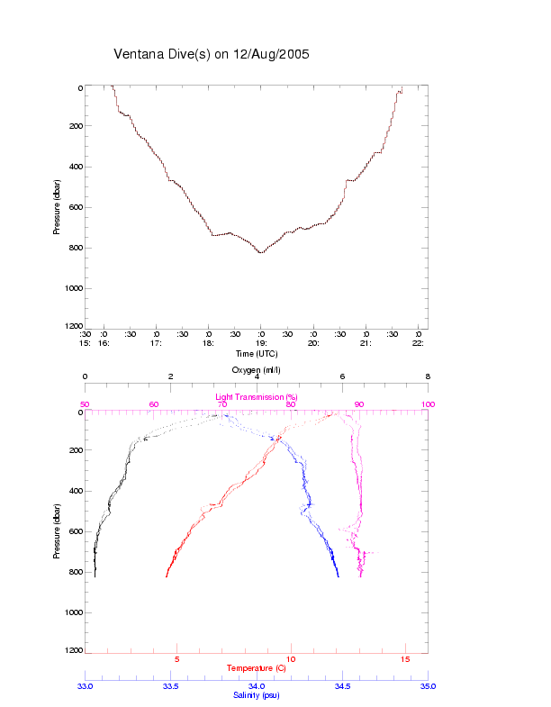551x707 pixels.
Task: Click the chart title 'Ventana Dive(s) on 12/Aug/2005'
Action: (x=212, y=54)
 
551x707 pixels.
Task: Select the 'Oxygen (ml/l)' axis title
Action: (x=257, y=370)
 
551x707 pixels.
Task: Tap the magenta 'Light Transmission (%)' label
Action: (x=257, y=397)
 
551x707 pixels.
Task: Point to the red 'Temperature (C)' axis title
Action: (x=257, y=668)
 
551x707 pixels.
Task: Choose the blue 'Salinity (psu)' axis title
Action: (x=257, y=695)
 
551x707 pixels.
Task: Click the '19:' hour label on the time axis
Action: (x=260, y=343)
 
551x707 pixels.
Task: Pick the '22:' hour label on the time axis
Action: (x=418, y=343)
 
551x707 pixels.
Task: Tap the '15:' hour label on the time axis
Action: (x=85, y=343)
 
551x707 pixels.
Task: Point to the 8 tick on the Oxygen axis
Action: (x=428, y=377)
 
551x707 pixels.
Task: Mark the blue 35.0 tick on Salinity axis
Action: (x=428, y=686)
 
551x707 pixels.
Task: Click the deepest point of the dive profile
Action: (x=261, y=253)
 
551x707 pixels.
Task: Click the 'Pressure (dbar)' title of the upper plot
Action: (x=56, y=207)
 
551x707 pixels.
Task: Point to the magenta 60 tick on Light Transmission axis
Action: (x=154, y=405)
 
